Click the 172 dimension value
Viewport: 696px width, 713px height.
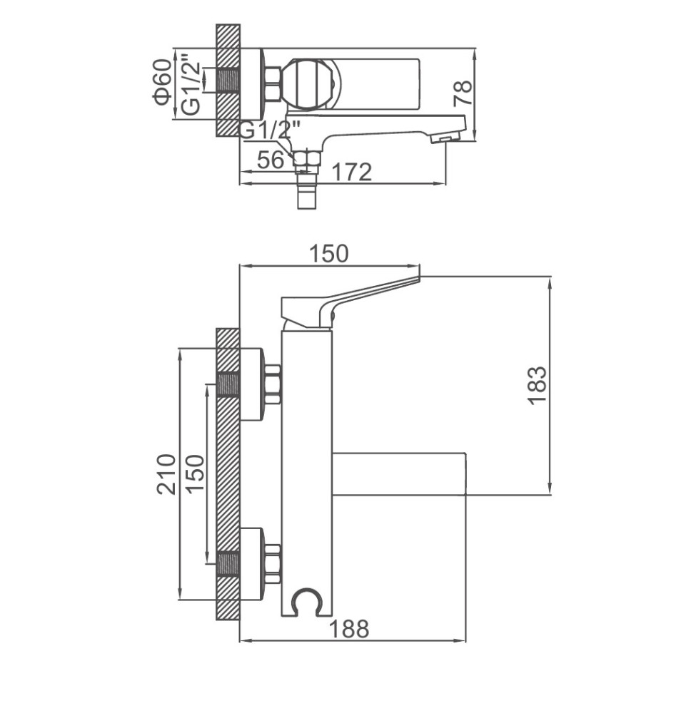click(x=352, y=171)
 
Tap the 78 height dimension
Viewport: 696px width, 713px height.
click(x=463, y=93)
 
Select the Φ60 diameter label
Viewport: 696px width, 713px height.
click(x=163, y=82)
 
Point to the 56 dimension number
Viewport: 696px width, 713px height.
click(x=271, y=159)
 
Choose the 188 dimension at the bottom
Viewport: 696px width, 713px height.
click(x=349, y=629)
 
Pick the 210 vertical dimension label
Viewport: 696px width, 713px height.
click(x=166, y=473)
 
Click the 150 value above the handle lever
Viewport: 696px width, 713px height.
click(x=328, y=254)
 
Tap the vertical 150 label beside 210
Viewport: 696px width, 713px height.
click(x=196, y=473)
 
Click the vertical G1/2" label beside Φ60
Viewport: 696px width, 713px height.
click(x=191, y=85)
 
